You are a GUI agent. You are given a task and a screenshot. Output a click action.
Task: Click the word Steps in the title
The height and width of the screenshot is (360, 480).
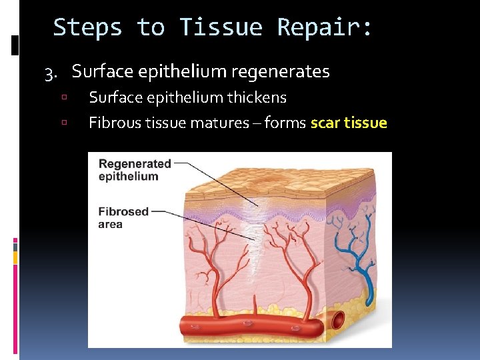(87, 27)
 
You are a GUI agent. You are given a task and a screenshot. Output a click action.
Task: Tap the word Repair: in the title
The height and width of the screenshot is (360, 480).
(325, 27)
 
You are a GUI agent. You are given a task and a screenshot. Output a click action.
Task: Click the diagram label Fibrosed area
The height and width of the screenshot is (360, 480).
(123, 218)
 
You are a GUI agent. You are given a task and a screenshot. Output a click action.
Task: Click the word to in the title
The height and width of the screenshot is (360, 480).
(151, 27)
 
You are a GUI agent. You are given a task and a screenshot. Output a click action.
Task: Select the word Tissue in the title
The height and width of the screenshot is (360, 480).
(220, 27)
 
